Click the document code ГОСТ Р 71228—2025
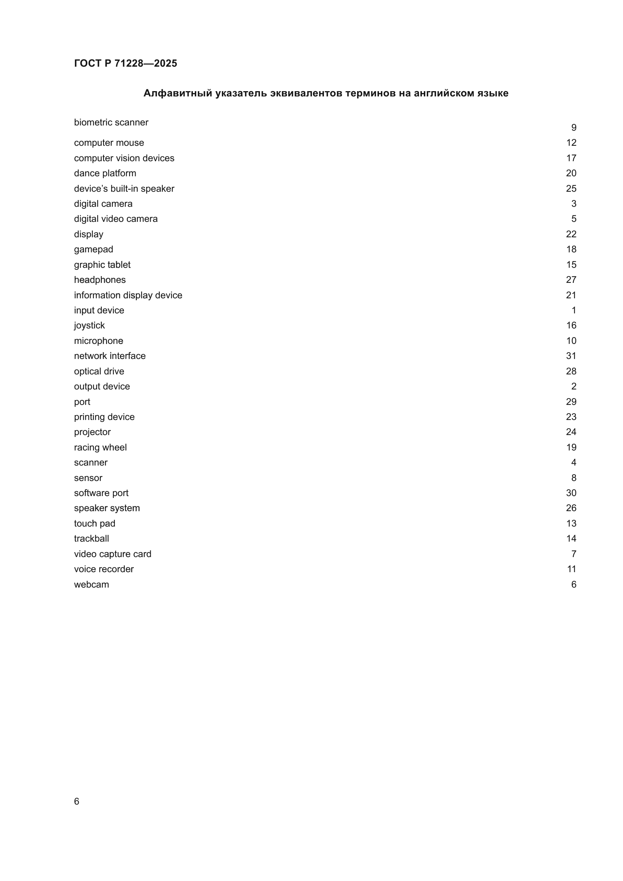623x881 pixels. (125, 63)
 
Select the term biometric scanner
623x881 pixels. (111, 122)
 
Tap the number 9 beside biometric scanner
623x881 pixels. (574, 127)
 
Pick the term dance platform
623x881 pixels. (105, 173)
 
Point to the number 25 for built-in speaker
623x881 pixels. (571, 188)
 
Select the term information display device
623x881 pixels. (128, 295)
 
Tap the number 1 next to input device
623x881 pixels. (574, 310)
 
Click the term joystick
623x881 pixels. (89, 325)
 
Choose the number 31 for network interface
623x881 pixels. (571, 356)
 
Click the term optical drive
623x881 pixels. (99, 371)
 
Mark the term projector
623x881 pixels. (92, 432)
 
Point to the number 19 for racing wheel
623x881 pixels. (571, 447)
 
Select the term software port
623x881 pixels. (101, 493)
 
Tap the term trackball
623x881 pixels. (91, 539)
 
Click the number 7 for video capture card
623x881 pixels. (574, 554)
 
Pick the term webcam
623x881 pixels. (91, 585)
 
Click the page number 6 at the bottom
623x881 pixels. (76, 801)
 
